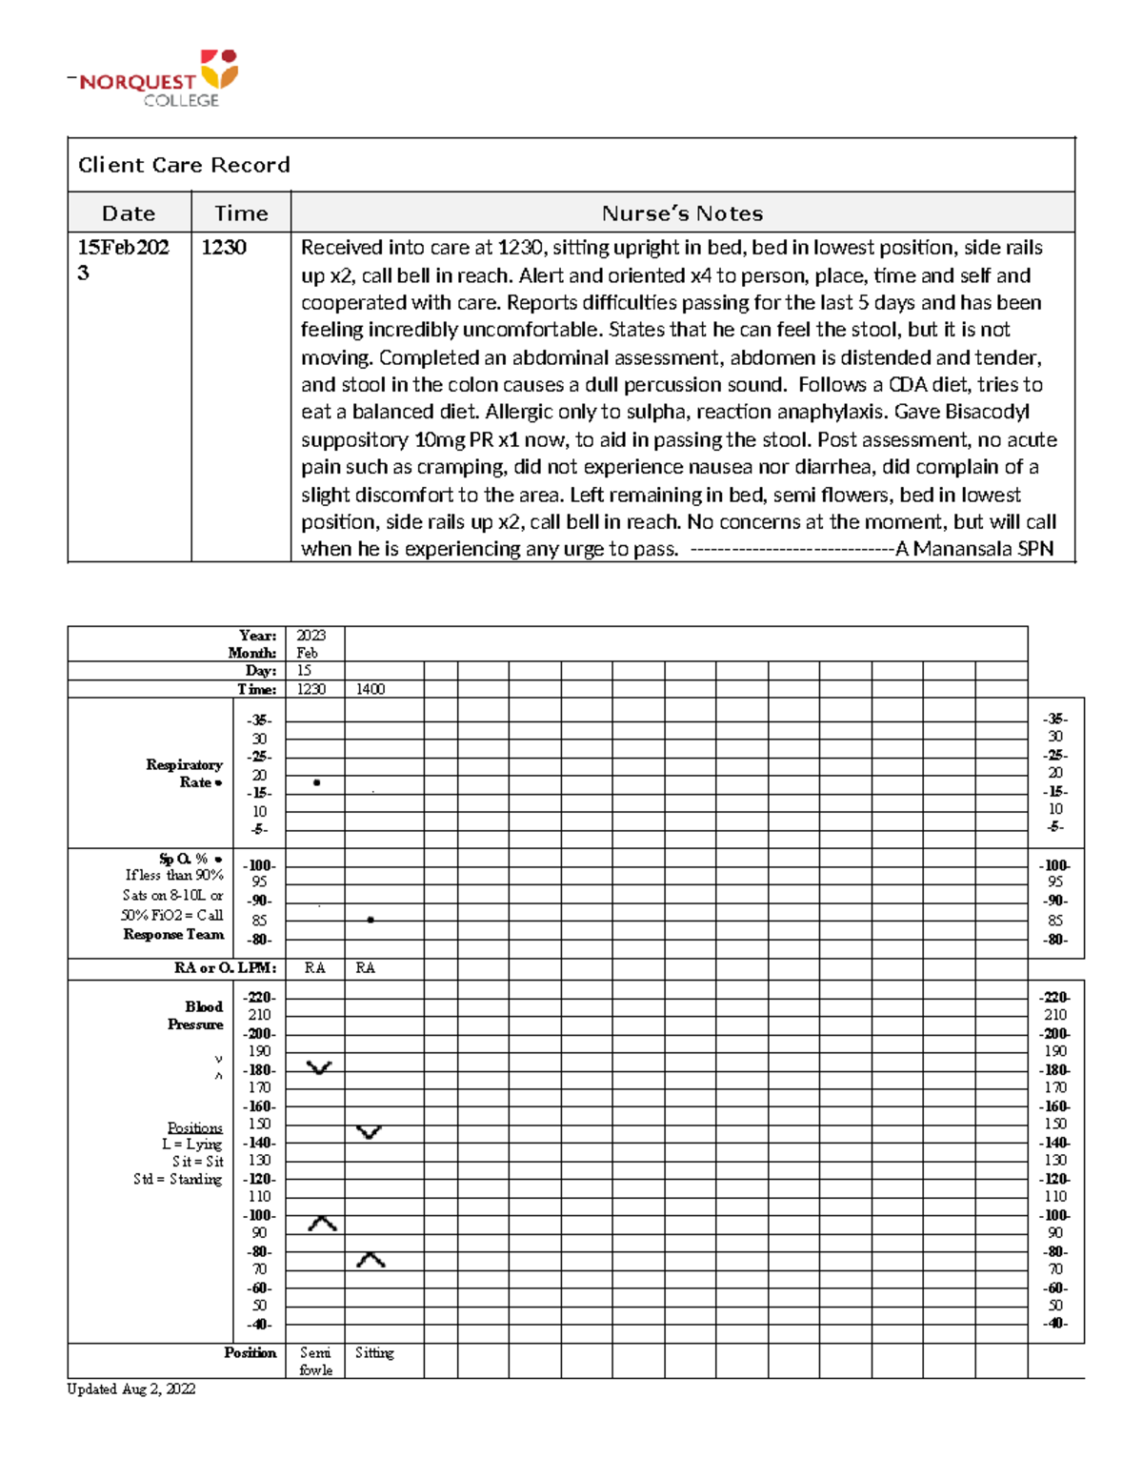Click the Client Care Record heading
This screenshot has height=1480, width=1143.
(x=184, y=165)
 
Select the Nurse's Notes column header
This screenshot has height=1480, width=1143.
(x=682, y=213)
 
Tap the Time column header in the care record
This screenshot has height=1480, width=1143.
(x=240, y=213)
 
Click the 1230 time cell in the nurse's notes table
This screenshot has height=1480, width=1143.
(x=224, y=248)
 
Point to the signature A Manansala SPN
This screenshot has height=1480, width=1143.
(x=973, y=549)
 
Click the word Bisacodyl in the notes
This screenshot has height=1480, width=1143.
(x=988, y=412)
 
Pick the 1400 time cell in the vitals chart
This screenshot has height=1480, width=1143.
(x=371, y=689)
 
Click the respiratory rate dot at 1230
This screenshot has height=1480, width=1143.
(x=316, y=782)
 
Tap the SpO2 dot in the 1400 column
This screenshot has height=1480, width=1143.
(x=371, y=920)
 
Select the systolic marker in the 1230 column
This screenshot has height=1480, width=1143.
(x=319, y=1067)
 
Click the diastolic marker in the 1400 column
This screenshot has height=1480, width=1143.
(x=371, y=1260)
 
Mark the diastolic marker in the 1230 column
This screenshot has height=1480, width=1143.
(x=322, y=1224)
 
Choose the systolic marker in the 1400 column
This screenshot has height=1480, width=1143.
(x=369, y=1132)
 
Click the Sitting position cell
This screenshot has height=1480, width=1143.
(x=374, y=1352)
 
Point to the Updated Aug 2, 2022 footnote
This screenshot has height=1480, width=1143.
(x=130, y=1389)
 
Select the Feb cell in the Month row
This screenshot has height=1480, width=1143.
(x=307, y=653)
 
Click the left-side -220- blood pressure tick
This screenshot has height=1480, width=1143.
(x=259, y=997)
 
